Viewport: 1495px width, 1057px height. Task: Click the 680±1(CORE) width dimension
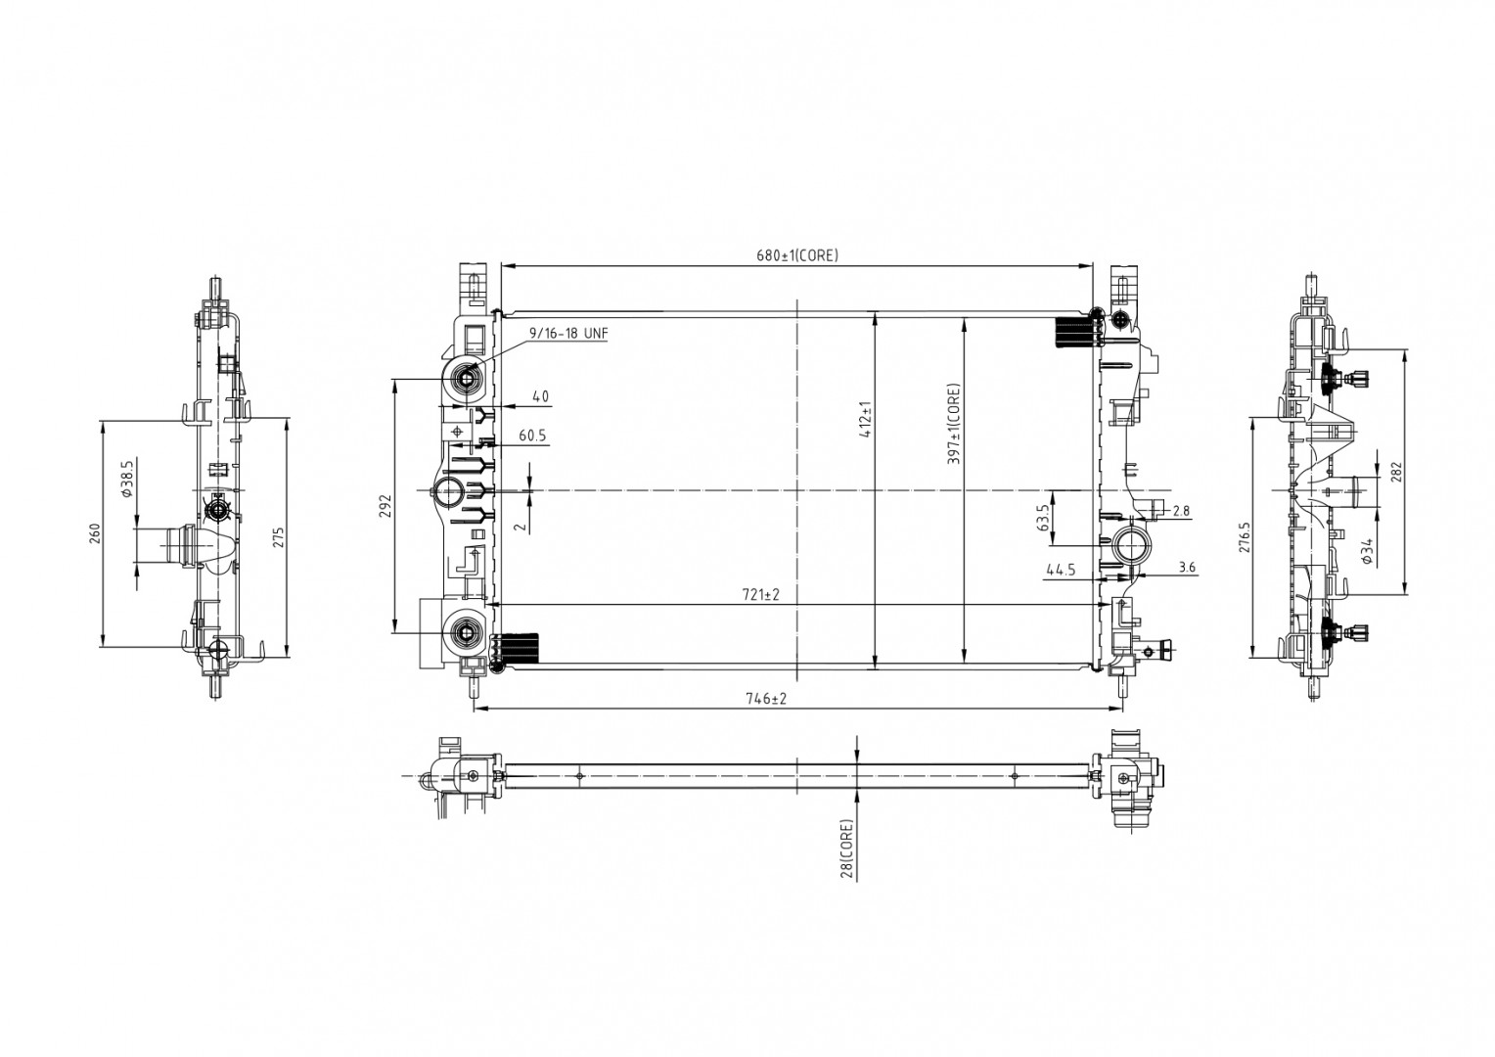coord(796,255)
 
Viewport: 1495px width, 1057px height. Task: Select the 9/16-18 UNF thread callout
coord(568,334)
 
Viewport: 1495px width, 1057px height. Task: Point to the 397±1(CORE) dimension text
coord(954,422)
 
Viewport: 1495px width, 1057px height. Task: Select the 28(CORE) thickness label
coord(847,849)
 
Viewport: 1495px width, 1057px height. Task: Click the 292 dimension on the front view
coord(385,505)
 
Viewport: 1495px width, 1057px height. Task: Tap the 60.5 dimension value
coord(532,437)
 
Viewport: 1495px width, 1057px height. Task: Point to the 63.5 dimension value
coord(1044,517)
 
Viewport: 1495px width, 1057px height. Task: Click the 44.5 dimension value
coord(1061,570)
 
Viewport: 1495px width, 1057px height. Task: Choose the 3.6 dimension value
coord(1188,567)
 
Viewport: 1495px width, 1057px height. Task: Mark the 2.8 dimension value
coord(1181,511)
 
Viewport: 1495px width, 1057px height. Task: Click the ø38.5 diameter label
coord(126,480)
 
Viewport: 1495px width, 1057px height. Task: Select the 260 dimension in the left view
coord(95,533)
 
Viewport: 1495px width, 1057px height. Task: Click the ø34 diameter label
coord(1367,551)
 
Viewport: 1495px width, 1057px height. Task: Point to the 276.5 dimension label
coord(1245,537)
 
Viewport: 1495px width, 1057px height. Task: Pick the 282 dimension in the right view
coord(1396,472)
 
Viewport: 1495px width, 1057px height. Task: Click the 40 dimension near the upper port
coord(540,397)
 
